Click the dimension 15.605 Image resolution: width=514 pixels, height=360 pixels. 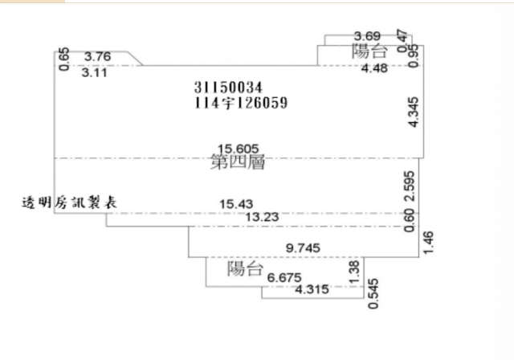pos(239,149)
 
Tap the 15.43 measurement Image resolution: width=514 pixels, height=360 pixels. pos(236,204)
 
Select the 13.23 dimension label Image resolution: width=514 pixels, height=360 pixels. pos(262,217)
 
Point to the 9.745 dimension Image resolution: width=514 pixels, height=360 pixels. pos(303,247)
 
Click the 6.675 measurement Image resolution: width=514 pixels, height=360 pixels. pos(284,278)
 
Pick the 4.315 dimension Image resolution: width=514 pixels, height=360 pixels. pos(312,289)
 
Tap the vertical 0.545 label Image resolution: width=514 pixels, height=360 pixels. pos(373,294)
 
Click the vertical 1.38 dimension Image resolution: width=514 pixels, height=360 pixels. pos(355,272)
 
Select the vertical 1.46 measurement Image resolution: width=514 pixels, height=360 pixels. pos(428,243)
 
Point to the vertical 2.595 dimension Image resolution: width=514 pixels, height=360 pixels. pos(410,186)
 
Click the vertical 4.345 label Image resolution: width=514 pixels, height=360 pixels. pos(414,112)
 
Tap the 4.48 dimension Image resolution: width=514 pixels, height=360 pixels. pos(374,68)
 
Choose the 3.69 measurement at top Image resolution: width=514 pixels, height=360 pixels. pos(368,35)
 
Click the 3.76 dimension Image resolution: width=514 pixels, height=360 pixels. pos(98,56)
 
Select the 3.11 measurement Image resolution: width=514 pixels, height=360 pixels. pos(95,72)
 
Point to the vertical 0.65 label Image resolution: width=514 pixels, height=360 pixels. pos(64,59)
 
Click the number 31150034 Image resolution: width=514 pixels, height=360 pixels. pos(228,88)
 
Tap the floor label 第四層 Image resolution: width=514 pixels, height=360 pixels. pos(238,162)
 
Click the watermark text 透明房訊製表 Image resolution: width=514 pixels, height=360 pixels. pos(69,203)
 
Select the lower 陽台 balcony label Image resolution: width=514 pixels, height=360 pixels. pos(245,269)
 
